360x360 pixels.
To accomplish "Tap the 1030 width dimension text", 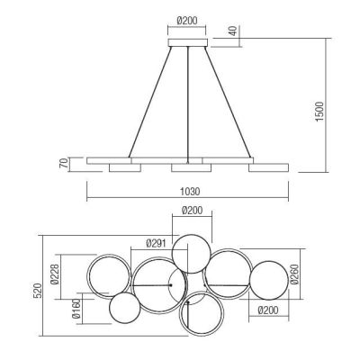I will [x=188, y=193].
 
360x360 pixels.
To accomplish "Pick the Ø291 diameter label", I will [x=156, y=242].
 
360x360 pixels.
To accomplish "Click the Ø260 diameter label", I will [x=310, y=279].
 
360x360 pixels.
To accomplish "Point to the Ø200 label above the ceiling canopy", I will [x=188, y=18].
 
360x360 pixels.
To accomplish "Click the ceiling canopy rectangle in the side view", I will [x=188, y=43].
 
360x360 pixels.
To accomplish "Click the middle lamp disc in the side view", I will [x=187, y=169].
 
